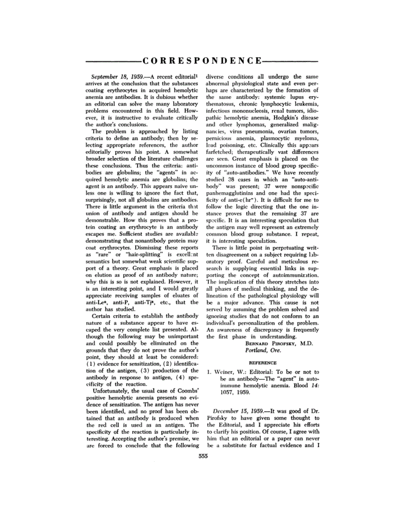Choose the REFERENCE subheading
[x=262, y=363]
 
